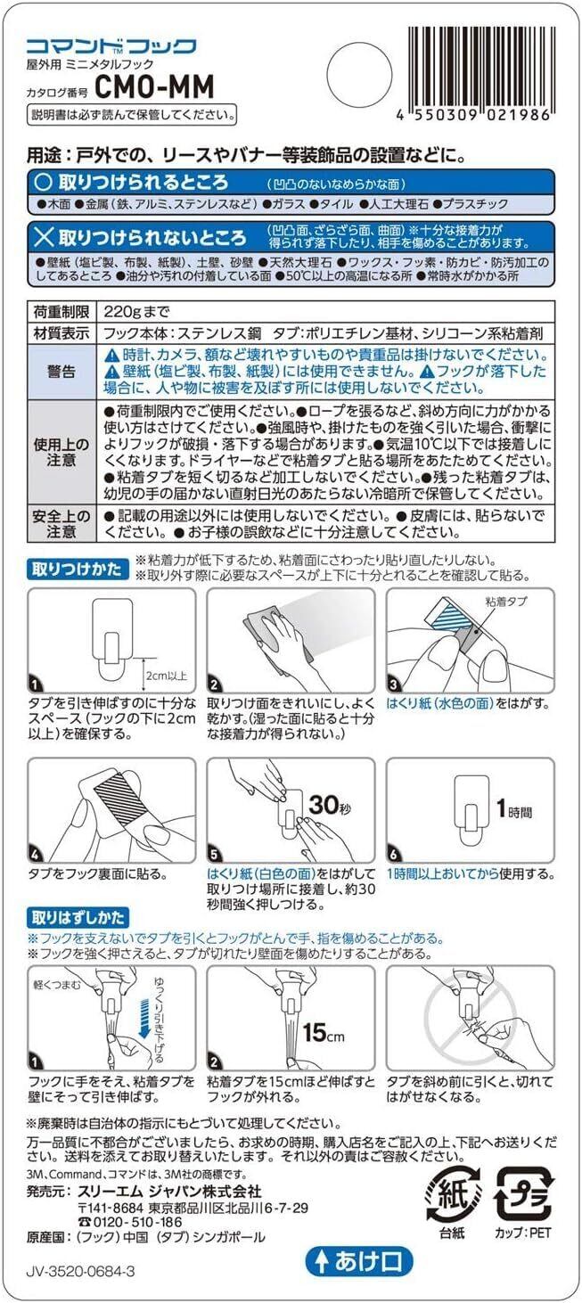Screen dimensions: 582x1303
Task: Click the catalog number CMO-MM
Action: coord(153,87)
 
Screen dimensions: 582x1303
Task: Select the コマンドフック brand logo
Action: coord(111,46)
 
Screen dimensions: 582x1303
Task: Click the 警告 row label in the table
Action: coord(61,372)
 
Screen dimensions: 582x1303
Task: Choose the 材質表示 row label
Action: coord(61,333)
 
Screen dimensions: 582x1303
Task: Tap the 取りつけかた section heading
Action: coord(78,569)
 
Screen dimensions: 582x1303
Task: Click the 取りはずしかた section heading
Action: coord(78,918)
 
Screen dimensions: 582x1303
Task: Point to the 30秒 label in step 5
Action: coord(330,805)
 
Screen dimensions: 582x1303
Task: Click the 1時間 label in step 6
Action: coord(513,809)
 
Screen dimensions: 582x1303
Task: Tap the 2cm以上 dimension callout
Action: coord(167,676)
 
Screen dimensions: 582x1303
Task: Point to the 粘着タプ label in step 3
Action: coord(505,602)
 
